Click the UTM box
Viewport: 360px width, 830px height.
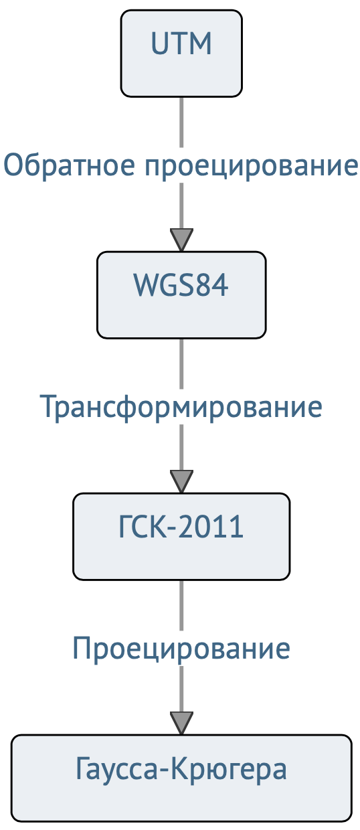181,54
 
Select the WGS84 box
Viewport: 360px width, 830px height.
181,295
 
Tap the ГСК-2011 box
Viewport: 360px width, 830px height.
181,537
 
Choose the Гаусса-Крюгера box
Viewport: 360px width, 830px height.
181,778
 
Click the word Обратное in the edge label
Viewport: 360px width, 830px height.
70,165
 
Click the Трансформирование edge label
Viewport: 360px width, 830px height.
181,408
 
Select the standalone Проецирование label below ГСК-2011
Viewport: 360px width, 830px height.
181,649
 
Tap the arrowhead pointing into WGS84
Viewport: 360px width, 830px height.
181,240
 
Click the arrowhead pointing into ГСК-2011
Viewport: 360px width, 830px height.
181,482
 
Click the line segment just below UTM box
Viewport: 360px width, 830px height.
181,122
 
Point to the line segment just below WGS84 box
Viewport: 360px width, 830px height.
181,363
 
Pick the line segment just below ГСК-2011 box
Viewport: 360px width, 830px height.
181,605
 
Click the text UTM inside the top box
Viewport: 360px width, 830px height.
181,44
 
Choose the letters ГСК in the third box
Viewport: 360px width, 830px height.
143,527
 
